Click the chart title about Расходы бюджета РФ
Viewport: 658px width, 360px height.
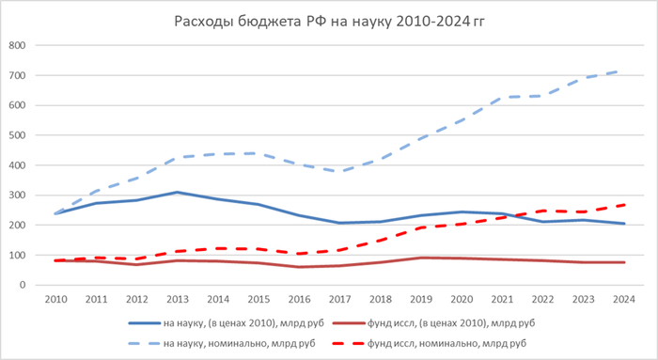click(329, 22)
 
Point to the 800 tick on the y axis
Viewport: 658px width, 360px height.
click(17, 45)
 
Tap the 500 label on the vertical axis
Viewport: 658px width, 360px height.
click(17, 135)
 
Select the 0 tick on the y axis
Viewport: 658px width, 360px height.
click(23, 285)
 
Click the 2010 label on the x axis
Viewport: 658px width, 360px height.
click(55, 299)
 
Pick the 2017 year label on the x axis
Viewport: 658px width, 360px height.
click(340, 299)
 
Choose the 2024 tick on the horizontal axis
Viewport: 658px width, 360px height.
click(624, 299)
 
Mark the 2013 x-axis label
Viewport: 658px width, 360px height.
click(178, 299)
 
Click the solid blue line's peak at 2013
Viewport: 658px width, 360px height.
click(178, 192)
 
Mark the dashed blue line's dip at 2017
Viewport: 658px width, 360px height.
click(340, 171)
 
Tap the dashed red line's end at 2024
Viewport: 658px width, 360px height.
click(624, 205)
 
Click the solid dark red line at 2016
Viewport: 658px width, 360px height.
click(299, 267)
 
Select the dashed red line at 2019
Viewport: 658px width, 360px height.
click(421, 227)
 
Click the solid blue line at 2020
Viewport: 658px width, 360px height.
click(462, 211)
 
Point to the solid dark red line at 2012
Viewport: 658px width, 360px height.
click(137, 264)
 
